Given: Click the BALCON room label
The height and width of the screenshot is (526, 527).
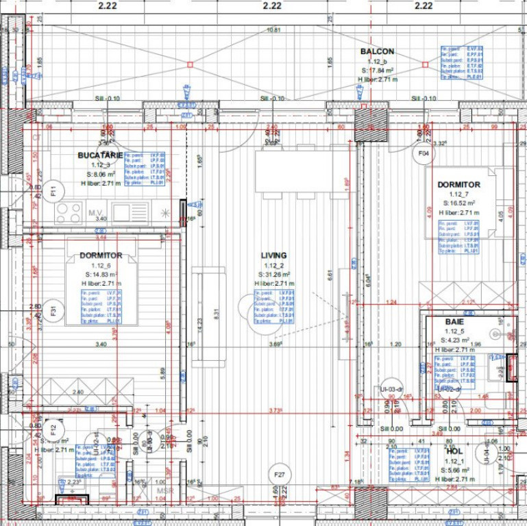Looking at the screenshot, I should pos(377,51).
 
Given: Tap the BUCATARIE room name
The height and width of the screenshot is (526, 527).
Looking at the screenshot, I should pos(100,155).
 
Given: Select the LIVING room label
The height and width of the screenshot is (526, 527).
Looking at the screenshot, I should pos(273,255).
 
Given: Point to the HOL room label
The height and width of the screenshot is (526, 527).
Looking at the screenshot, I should pos(454,451).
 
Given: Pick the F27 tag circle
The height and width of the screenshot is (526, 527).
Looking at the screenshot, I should pos(278,475).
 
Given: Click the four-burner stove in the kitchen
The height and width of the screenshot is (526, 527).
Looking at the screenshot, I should pos(69,212).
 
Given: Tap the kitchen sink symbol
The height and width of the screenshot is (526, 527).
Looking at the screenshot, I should pos(130,212).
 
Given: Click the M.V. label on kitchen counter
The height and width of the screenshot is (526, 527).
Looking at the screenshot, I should pos(95,213).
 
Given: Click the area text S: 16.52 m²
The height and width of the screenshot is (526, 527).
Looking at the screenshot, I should pos(458,203).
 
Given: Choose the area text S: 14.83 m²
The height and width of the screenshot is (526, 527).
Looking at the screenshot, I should pos(101,274).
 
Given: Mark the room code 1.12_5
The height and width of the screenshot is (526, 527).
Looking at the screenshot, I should pos(454,331).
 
